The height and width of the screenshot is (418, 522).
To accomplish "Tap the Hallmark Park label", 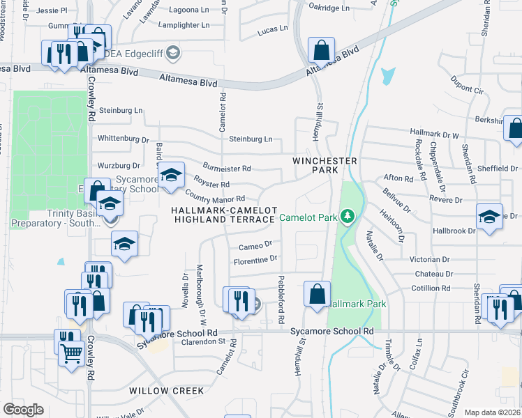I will pyautogui.click(x=356, y=304).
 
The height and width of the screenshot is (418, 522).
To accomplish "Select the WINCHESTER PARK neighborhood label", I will pyautogui.click(x=325, y=166).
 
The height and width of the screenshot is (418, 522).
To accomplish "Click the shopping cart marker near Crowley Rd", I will pyautogui.click(x=71, y=353).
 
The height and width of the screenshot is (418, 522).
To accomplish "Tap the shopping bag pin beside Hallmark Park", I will pyautogui.click(x=318, y=293).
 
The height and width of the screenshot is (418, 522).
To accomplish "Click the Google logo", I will pyautogui.click(x=23, y=410).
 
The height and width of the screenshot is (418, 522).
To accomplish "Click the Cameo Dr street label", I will pyautogui.click(x=255, y=245).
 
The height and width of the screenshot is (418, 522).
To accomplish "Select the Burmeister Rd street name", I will pyautogui.click(x=226, y=169).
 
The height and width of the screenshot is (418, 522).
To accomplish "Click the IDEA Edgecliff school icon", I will pyautogui.click(x=173, y=52).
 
